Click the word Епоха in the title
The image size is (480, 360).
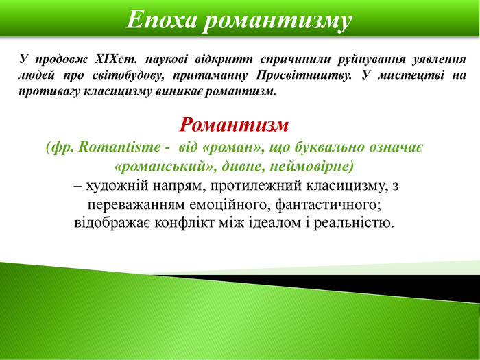160,20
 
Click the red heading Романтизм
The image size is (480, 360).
234,125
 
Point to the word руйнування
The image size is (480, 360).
371,60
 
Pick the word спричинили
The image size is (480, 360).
295,60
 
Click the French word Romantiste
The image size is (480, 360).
119,147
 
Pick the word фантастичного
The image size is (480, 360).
328,205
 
